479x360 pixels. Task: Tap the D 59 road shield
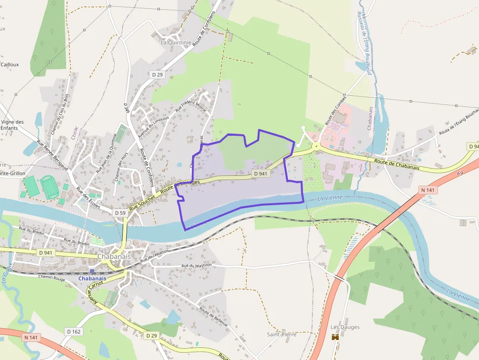click(x=120, y=213)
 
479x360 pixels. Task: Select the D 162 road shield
click(x=73, y=332)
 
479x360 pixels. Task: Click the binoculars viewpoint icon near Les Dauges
click(x=335, y=337)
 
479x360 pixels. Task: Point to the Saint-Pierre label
click(x=282, y=335)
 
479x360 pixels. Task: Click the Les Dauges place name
click(x=345, y=327)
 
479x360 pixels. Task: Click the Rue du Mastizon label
click(x=196, y=265)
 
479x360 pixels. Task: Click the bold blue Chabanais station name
click(x=92, y=279)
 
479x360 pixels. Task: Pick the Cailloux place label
click(x=10, y=64)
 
